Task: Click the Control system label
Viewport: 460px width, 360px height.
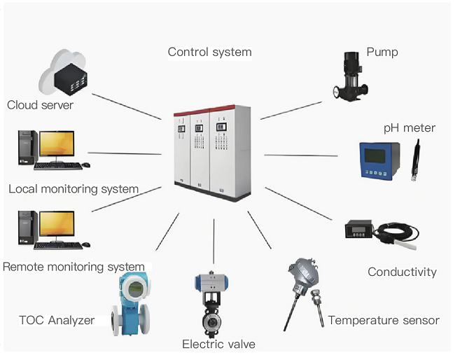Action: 209,52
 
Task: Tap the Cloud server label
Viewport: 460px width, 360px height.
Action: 40,106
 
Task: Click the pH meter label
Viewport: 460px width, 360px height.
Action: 409,128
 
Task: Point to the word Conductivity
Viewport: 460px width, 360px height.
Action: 402,272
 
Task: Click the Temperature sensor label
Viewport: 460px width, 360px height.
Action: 384,320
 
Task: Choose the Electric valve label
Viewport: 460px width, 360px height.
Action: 218,344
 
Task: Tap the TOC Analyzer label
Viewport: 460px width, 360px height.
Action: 56,321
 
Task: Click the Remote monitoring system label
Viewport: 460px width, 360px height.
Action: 74,267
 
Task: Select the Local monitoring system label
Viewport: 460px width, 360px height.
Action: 74,189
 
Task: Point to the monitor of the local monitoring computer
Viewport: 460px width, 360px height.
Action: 57,144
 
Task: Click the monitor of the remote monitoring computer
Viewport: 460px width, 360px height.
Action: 57,224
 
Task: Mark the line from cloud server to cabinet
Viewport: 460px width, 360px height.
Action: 127,106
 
